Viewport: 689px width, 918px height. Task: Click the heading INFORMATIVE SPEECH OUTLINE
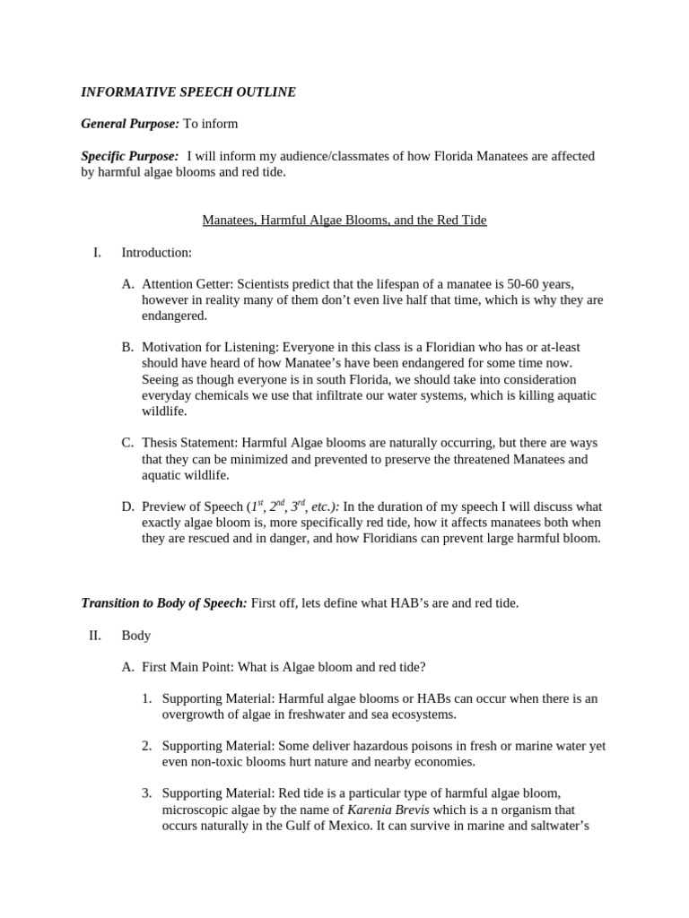[x=188, y=91]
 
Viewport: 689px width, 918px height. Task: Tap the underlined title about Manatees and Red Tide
[x=344, y=220]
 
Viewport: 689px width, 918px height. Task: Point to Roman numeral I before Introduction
[x=97, y=253]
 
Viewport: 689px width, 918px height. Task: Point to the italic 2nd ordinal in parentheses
[x=281, y=506]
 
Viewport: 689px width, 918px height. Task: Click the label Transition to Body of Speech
[x=164, y=603]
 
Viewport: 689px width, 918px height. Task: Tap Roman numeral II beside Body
[x=95, y=636]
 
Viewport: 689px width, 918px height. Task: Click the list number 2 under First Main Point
[x=146, y=746]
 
